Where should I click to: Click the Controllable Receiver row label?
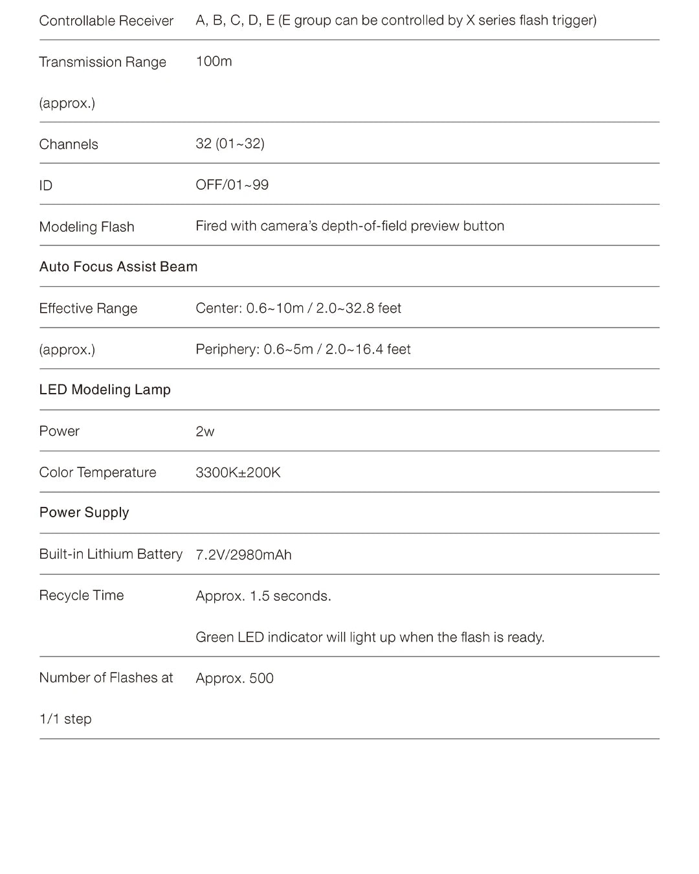coord(106,21)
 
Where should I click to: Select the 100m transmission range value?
coord(214,62)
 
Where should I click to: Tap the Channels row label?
coord(69,144)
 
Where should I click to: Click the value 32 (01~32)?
coord(230,144)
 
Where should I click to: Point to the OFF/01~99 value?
coord(232,185)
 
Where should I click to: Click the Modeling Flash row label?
coord(87,227)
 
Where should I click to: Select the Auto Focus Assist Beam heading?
coord(118,267)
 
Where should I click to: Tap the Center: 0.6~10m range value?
coord(298,308)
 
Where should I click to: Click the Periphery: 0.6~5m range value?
coord(303,350)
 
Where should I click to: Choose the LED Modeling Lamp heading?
coord(105,390)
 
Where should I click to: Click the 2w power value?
coord(205,432)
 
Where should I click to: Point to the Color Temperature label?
coord(98,473)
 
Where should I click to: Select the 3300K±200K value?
coord(238,473)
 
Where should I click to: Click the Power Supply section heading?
coord(84,513)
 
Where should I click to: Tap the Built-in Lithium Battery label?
coord(111,554)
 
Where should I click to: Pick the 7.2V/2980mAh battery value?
coord(243,555)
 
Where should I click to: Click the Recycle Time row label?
coord(82,596)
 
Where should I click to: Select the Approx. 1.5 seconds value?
coord(263,596)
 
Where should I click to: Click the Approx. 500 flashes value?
coord(234,678)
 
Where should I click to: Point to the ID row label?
coord(46,186)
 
